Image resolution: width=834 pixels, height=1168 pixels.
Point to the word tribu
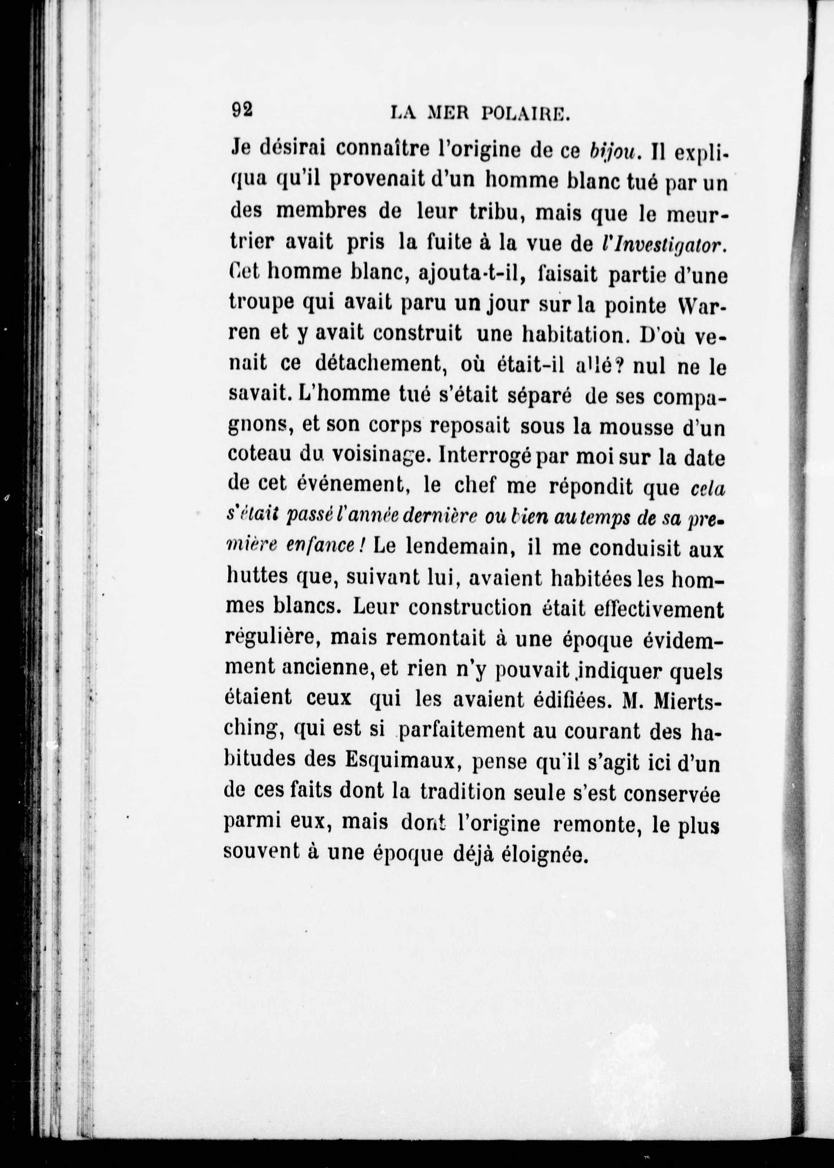[x=486, y=213]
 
